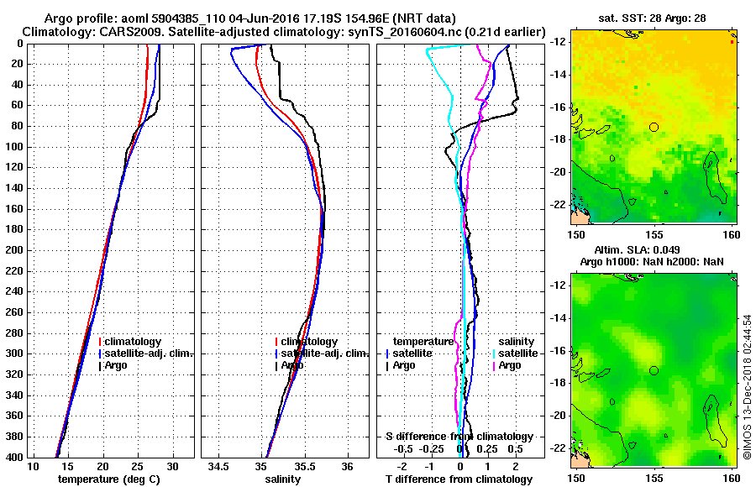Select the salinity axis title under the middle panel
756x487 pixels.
tap(285, 479)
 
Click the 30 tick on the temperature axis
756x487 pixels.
tap(173, 466)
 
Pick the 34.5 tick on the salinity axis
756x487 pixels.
tap(220, 466)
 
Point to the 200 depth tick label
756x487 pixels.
tap(15, 250)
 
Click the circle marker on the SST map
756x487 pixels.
tap(654, 127)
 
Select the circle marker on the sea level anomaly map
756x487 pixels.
tap(654, 370)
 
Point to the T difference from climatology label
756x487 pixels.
tap(459, 479)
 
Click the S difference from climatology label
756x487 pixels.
tap(459, 437)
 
